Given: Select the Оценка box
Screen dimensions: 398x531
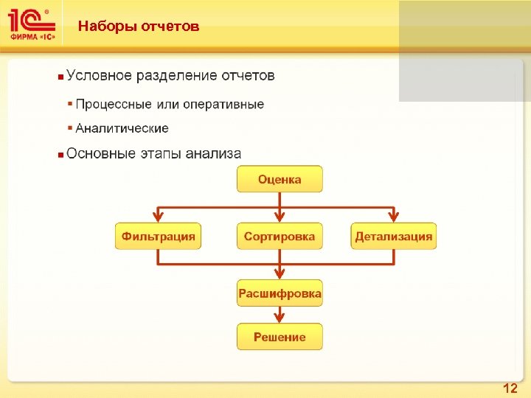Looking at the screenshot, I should click(x=280, y=179).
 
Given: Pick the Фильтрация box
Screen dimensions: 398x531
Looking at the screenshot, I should click(x=158, y=237).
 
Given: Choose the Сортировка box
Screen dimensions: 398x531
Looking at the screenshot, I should click(x=280, y=237).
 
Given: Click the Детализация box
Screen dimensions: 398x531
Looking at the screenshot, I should click(x=393, y=237).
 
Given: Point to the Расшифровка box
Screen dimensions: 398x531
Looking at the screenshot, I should click(x=280, y=294).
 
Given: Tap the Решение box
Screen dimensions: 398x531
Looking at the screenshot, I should click(x=280, y=337).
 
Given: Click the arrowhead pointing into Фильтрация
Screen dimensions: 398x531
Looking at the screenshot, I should click(x=158, y=217).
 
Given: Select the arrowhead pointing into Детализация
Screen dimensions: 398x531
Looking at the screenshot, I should click(x=393, y=217).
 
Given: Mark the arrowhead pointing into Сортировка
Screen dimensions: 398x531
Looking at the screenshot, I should click(x=280, y=217).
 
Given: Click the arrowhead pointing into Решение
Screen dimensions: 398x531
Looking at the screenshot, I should click(x=280, y=318).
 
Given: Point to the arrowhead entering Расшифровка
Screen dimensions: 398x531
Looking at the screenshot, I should click(x=280, y=275).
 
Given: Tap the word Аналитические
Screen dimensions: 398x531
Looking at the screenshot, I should click(x=122, y=128).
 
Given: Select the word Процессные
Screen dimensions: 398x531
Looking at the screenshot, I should click(x=111, y=105).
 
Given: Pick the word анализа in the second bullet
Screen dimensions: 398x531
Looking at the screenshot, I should click(x=213, y=153).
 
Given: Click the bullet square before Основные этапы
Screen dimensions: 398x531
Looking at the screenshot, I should click(x=60, y=155).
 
